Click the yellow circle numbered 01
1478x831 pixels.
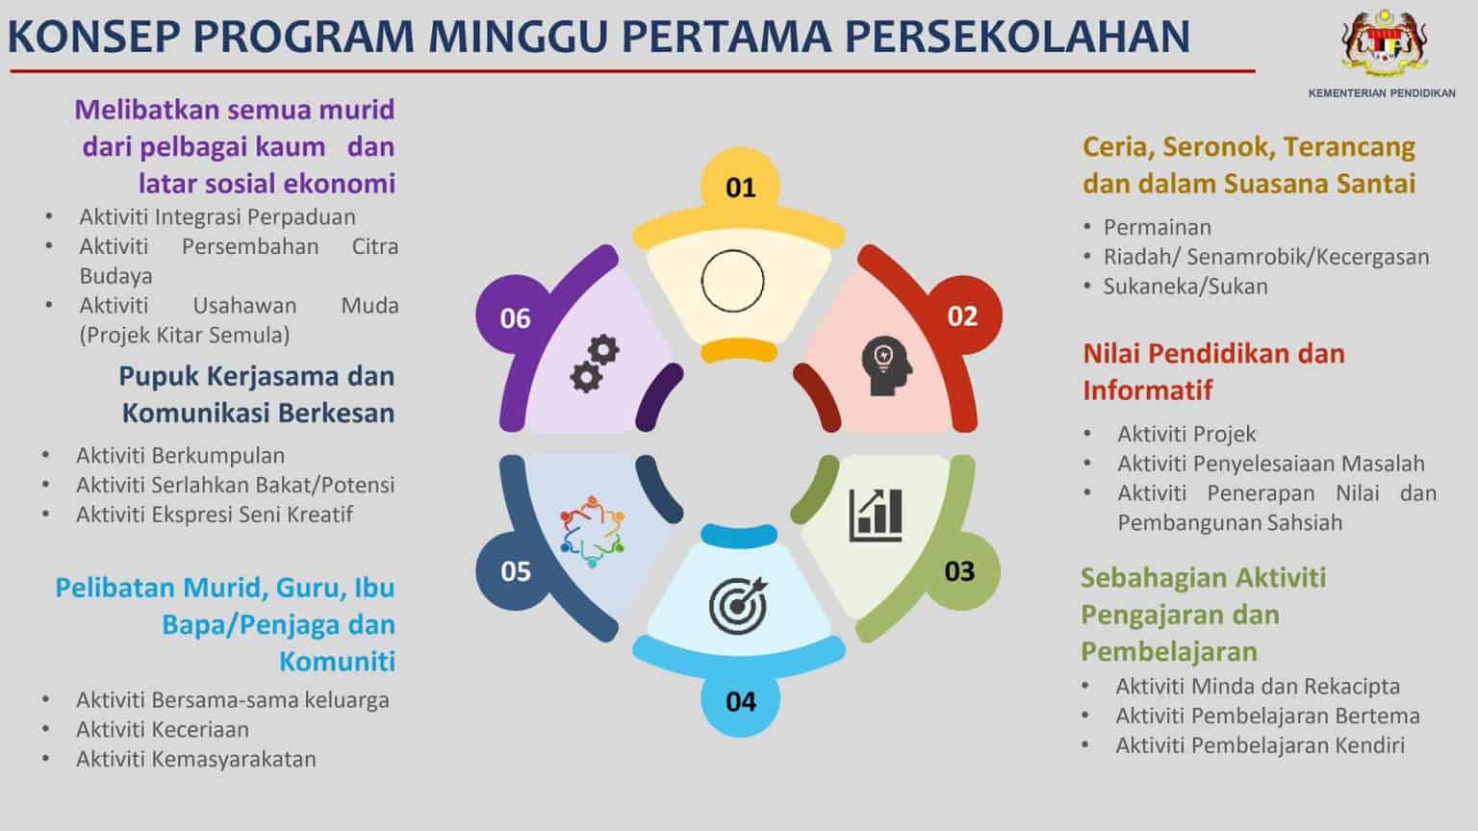(740, 187)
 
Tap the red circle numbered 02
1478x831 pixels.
(961, 315)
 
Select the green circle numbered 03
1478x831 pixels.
(959, 571)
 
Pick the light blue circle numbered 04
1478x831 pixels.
(740, 700)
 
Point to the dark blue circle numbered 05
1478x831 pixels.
(516, 570)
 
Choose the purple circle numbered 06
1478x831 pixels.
(516, 317)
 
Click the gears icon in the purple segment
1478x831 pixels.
(594, 363)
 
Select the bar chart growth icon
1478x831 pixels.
(876, 515)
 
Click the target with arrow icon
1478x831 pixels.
(739, 604)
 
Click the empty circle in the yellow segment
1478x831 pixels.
(732, 281)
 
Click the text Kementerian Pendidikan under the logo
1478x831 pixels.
(1382, 93)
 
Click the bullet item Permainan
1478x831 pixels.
(1157, 227)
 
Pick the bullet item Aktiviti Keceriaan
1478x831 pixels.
(162, 729)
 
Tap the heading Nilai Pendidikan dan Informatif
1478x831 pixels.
(1213, 371)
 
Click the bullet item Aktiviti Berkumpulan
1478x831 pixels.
(180, 455)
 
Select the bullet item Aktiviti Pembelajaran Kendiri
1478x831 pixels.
(1260, 744)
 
